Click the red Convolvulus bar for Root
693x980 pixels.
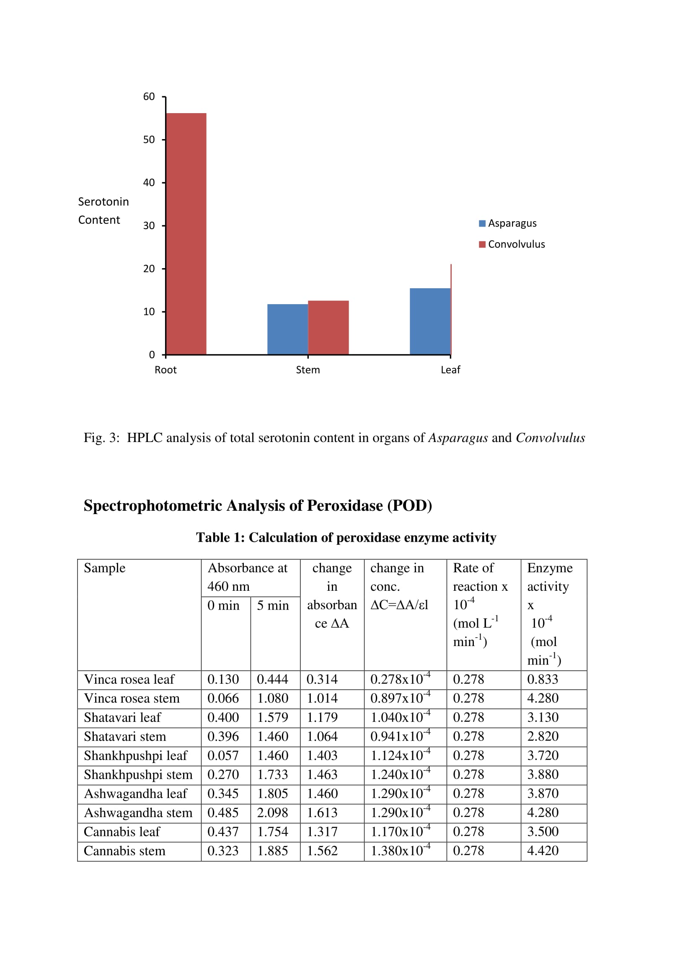186,233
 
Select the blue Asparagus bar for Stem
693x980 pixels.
287,329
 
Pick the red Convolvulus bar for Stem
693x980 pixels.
328,327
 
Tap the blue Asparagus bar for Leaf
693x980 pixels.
430,321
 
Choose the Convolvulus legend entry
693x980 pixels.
512,244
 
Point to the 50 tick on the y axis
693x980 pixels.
149,140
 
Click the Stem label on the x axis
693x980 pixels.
308,370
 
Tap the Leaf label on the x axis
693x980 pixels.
450,370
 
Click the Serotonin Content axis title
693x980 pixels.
103,211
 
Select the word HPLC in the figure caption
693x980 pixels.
145,438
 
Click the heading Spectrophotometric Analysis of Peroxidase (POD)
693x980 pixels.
258,505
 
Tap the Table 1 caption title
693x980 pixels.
346,538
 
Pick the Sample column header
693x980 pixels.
105,568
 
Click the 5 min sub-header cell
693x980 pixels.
273,605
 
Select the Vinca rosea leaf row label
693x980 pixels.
129,680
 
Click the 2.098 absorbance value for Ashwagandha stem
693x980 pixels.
272,813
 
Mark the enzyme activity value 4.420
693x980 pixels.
542,851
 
